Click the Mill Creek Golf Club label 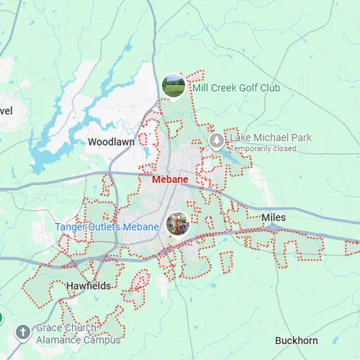[x=236, y=89]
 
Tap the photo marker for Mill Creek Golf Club [x=173, y=85]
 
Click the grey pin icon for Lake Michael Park [x=215, y=139]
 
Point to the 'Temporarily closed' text [x=264, y=148]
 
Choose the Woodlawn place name [x=111, y=143]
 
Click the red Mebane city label [x=170, y=179]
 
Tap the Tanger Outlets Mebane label [x=107, y=227]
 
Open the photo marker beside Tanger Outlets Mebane [x=177, y=223]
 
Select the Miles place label [x=274, y=217]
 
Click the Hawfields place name [x=89, y=286]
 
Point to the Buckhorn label [x=297, y=341]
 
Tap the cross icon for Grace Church [x=23, y=333]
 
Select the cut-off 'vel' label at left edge [x=6, y=111]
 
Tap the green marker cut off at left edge [x=1, y=318]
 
